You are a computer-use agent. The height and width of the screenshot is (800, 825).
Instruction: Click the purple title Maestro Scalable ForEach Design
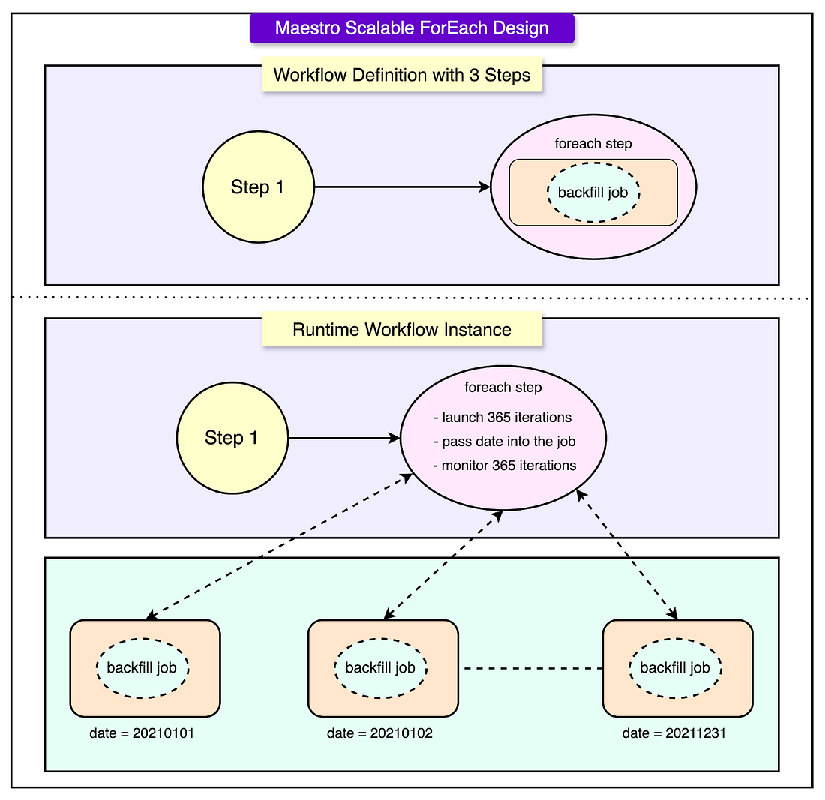point(412,28)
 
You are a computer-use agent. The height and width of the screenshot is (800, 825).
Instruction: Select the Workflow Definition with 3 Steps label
point(402,75)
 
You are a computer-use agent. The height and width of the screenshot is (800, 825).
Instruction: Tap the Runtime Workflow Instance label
point(402,329)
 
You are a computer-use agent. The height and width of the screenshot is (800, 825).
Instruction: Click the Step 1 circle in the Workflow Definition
point(258,187)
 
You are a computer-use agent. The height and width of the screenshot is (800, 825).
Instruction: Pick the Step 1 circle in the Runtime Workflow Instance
point(232,438)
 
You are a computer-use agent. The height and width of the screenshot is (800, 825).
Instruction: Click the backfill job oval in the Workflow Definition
point(593,193)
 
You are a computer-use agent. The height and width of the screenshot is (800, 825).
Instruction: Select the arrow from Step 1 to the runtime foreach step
point(345,438)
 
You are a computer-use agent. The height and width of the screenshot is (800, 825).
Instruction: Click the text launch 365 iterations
point(502,417)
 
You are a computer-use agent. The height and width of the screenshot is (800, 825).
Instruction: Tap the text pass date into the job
point(504,442)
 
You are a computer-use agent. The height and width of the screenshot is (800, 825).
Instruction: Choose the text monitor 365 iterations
point(505,466)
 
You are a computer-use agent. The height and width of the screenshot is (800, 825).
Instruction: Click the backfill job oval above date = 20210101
point(142,668)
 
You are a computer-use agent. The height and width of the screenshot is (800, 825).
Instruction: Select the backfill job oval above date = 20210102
point(380,668)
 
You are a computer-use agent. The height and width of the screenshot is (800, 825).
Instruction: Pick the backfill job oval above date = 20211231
point(675,668)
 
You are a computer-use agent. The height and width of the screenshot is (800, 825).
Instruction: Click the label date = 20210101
point(142,733)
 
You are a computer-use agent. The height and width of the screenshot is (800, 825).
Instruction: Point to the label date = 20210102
point(380,733)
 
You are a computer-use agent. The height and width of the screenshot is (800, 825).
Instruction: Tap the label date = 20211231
point(674,733)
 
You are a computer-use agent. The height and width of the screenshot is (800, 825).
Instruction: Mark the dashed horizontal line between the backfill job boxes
point(532,669)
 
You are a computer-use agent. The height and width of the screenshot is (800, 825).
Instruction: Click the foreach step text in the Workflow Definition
point(593,144)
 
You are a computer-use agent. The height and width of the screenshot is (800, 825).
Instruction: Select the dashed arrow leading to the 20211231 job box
point(627,554)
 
